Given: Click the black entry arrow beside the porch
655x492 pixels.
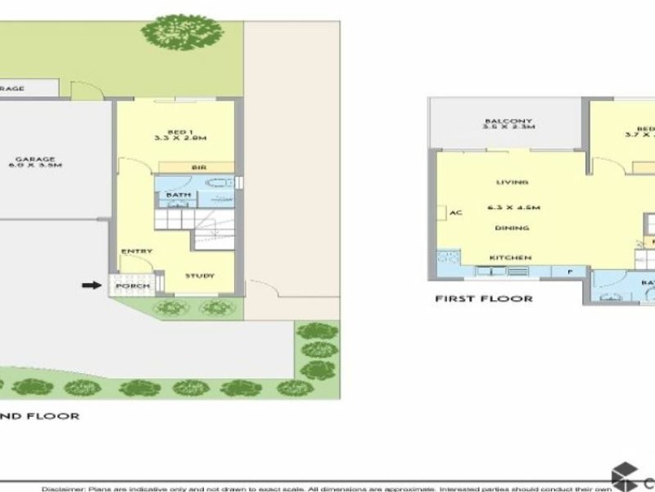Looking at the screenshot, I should [89, 285].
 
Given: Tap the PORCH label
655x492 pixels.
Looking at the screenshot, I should [133, 286].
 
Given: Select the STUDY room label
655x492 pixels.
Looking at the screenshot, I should [199, 276].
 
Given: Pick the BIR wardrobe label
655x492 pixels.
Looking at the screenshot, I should [198, 167].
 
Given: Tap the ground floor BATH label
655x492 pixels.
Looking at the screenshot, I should [178, 195].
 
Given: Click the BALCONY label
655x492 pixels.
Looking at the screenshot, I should [508, 122].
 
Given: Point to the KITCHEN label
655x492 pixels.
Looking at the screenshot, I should [511, 257].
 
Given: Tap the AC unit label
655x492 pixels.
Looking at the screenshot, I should [457, 213].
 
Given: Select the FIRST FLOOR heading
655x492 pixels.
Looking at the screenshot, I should [483, 298].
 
